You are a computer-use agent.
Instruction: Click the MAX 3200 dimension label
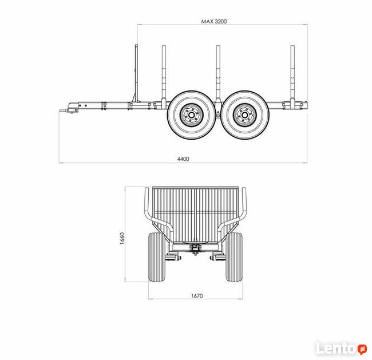214,21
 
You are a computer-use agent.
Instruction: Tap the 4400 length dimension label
183,159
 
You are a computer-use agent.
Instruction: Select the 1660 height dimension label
122,238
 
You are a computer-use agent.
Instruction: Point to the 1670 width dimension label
197,296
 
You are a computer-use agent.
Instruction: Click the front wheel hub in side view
192,115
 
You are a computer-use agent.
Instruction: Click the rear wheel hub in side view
245,115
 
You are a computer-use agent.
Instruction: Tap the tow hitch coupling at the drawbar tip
69,108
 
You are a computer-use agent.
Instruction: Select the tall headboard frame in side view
136,74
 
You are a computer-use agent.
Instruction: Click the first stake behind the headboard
164,75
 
